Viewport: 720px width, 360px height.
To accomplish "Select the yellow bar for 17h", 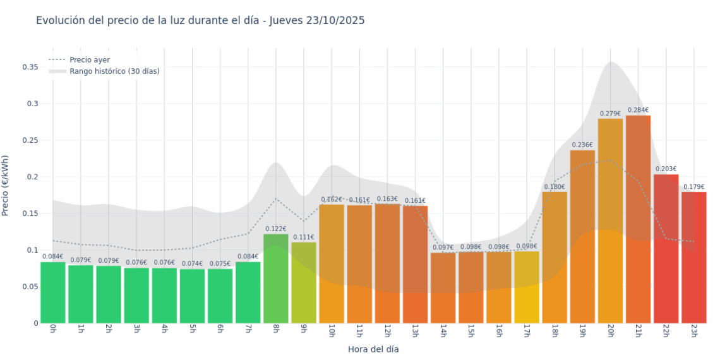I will click(x=527, y=287).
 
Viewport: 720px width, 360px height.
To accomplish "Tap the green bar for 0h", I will click(x=53, y=292).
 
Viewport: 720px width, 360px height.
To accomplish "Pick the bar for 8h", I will click(x=276, y=279).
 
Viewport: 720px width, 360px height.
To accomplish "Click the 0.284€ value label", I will click(x=638, y=110).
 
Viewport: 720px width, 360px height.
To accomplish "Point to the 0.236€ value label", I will click(x=582, y=145).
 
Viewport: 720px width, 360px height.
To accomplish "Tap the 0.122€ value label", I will click(x=276, y=229).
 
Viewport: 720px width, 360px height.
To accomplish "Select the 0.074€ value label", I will click(x=192, y=264).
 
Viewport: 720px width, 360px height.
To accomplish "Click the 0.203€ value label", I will click(x=666, y=169).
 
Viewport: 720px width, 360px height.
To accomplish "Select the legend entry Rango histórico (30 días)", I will click(x=114, y=71).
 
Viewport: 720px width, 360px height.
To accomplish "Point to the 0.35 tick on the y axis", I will click(x=30, y=67).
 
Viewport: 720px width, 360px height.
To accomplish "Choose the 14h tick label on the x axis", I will click(x=443, y=332).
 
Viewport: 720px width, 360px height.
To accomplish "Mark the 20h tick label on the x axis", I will click(x=610, y=332).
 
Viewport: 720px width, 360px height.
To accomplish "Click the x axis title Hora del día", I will click(x=373, y=349).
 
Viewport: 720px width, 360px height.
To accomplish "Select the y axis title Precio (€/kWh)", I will click(x=6, y=186).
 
